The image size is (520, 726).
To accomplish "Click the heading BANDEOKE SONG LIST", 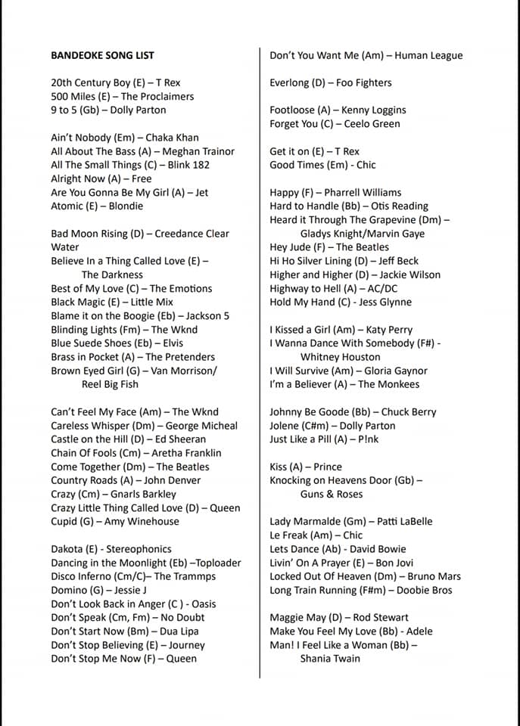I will pos(102,55).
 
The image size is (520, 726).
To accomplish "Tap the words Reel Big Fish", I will pos(110,384).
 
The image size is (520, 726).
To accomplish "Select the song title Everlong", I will pos(292,83).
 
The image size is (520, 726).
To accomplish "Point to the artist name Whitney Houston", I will pos(340,357).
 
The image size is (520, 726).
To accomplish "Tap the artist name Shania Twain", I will pos(330,659).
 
